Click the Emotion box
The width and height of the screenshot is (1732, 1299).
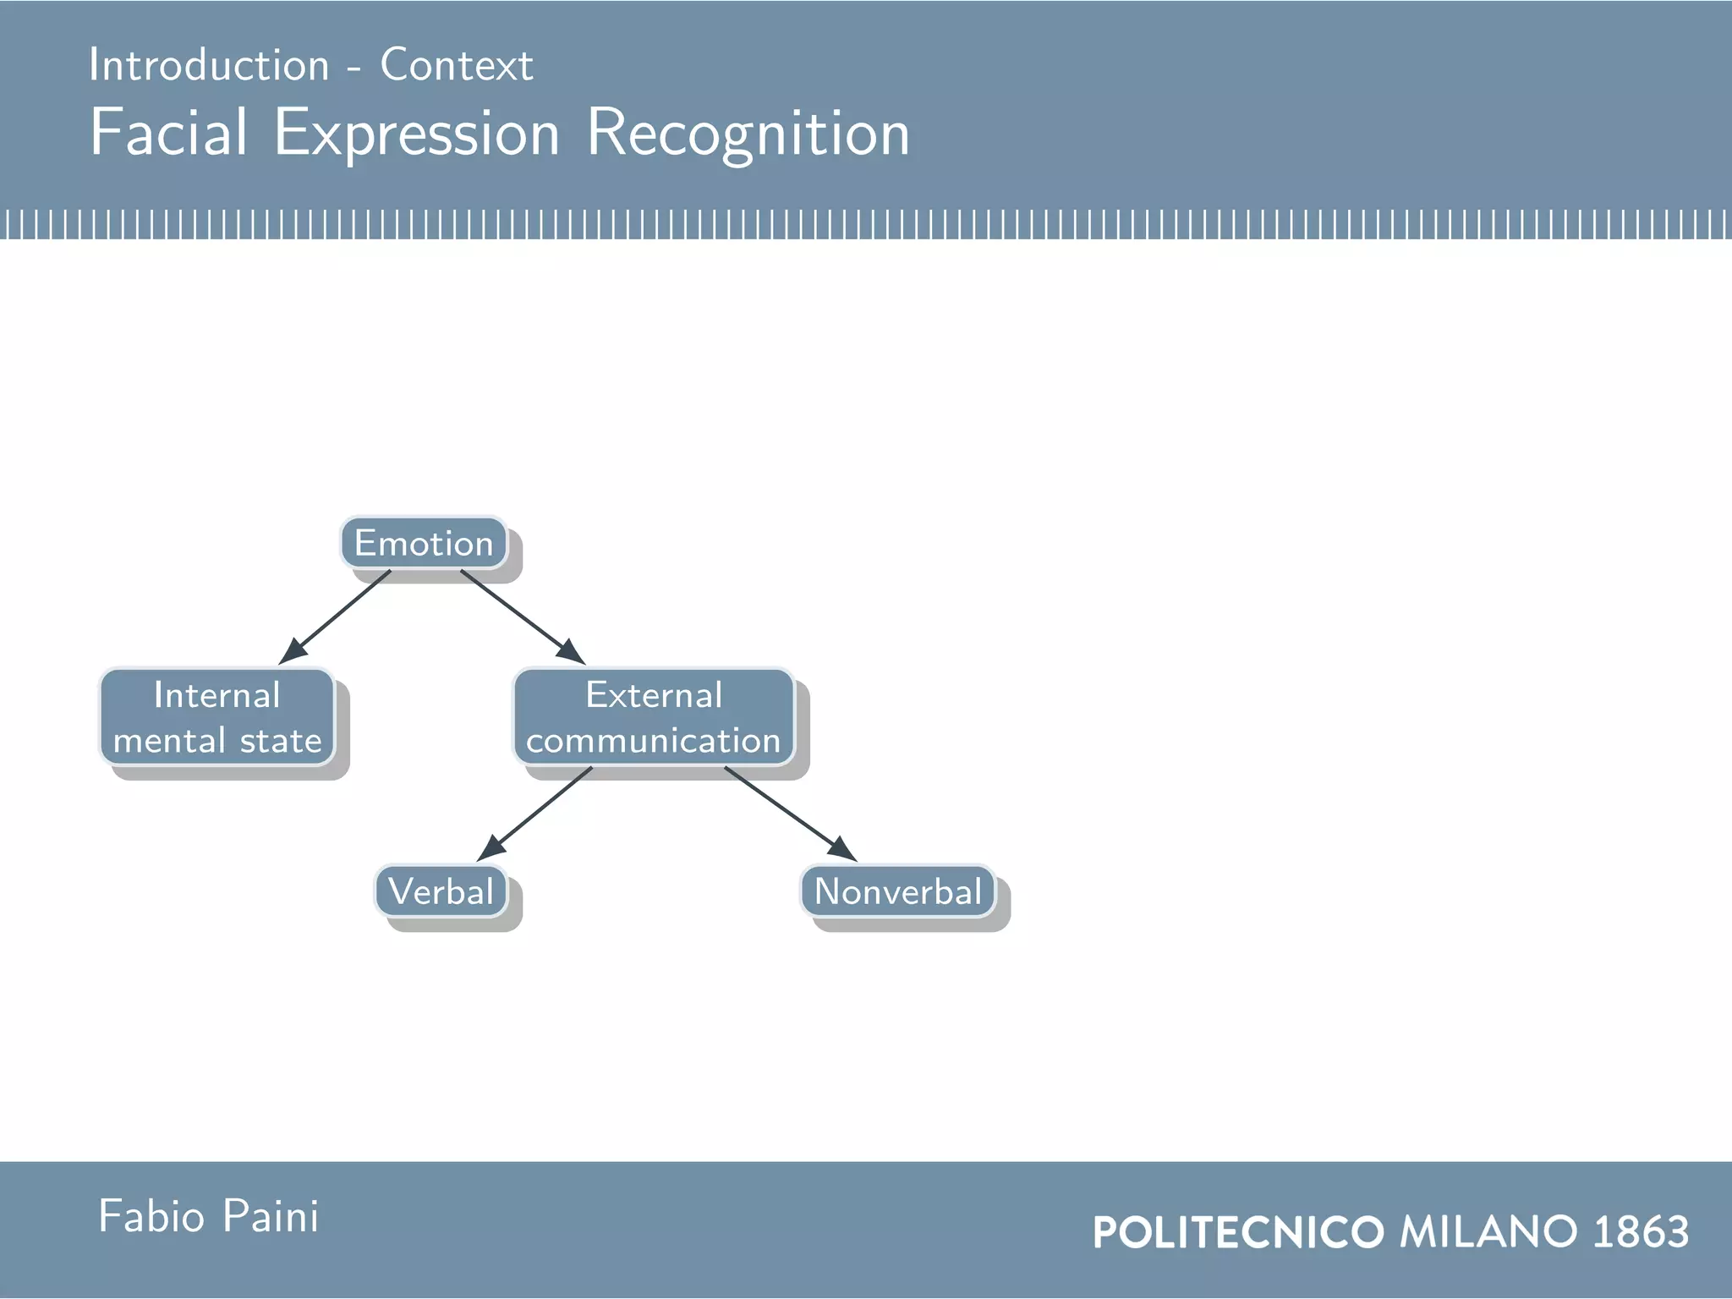pos(424,543)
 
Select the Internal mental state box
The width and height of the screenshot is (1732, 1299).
pos(217,717)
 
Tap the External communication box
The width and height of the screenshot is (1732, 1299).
pos(654,717)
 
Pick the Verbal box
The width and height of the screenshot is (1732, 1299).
pos(441,891)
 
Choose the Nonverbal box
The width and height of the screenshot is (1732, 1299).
pos(897,891)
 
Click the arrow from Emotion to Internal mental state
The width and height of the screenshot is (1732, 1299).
pos(335,617)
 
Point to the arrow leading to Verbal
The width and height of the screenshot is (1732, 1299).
pos(535,814)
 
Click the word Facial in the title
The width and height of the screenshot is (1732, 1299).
pos(169,133)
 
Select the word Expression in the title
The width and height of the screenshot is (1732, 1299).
pos(416,133)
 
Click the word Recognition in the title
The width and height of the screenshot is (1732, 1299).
pos(748,133)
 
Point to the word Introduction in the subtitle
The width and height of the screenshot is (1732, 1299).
pos(209,65)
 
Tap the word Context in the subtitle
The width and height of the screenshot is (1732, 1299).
pos(457,65)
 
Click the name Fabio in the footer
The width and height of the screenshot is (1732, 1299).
pos(152,1216)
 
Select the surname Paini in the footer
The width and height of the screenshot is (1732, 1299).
pos(271,1216)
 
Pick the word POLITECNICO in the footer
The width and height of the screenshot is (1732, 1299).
pos(1238,1231)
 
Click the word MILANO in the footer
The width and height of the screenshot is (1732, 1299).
pos(1488,1231)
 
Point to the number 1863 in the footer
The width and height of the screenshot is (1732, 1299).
pos(1641,1231)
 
